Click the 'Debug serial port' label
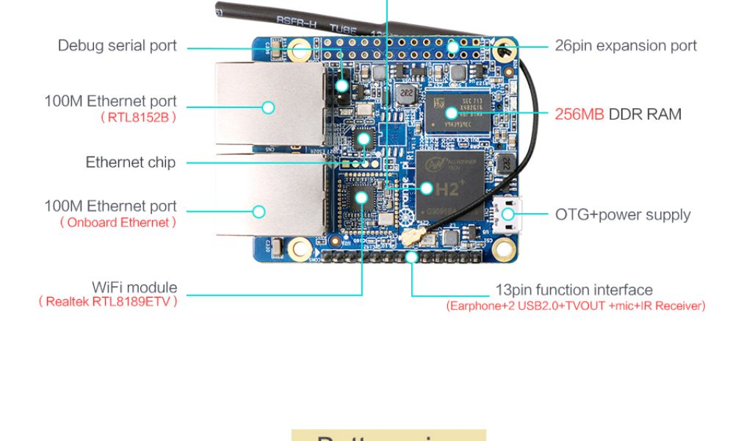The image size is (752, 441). pyautogui.click(x=117, y=46)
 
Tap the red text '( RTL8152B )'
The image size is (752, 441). pyautogui.click(x=138, y=117)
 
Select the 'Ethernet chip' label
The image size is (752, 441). pyautogui.click(x=131, y=162)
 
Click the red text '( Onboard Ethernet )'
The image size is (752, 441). pyautogui.click(x=118, y=223)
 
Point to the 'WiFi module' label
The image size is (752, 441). pyautogui.click(x=134, y=287)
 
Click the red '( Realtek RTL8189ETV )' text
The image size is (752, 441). pyautogui.click(x=108, y=301)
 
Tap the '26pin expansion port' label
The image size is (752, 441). pyautogui.click(x=626, y=46)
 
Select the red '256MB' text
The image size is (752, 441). pyautogui.click(x=579, y=115)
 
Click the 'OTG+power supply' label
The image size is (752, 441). pyautogui.click(x=623, y=215)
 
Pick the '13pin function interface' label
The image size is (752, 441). pyautogui.click(x=574, y=290)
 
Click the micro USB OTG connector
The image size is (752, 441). pyautogui.click(x=508, y=215)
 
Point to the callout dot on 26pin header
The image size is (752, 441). pyautogui.click(x=453, y=46)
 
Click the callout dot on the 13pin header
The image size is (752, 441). pyautogui.click(x=412, y=257)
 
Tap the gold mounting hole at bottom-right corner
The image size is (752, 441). pyautogui.click(x=504, y=249)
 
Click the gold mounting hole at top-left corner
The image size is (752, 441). pyautogui.click(x=299, y=51)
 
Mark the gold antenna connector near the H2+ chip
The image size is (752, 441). pyautogui.click(x=409, y=237)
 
